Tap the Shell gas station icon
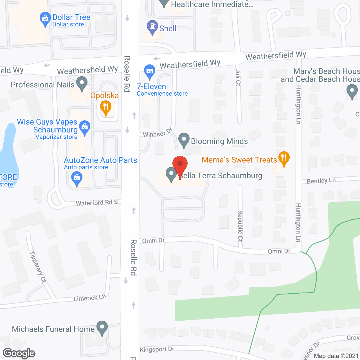pyautogui.click(x=152, y=27)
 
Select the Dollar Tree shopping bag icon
pyautogui.click(x=45, y=19)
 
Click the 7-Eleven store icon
pyautogui.click(x=150, y=71)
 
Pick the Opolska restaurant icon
pyautogui.click(x=106, y=107)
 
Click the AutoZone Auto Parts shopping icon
pyautogui.click(x=77, y=178)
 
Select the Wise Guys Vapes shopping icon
pyautogui.click(x=85, y=127)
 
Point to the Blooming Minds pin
pyautogui.click(x=184, y=139)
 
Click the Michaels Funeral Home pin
pyautogui.click(x=102, y=327)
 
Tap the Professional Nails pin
pyautogui.click(x=82, y=84)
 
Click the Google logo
pyautogui.click(x=19, y=353)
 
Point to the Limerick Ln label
pyautogui.click(x=90, y=298)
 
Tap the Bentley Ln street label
pyautogui.click(x=321, y=181)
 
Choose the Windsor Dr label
pyautogui.click(x=157, y=133)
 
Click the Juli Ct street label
pyautogui.click(x=238, y=77)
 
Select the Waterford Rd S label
pyautogui.click(x=97, y=202)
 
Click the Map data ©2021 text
pyautogui.click(x=336, y=356)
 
